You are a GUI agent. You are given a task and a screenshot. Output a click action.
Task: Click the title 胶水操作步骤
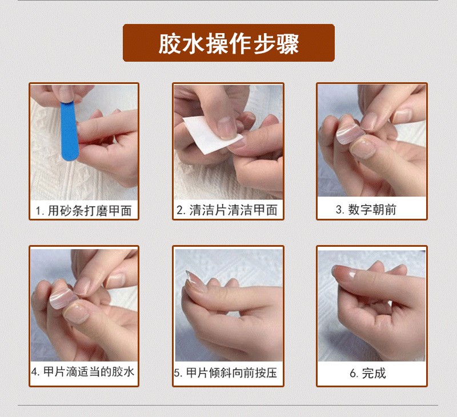tap(229, 44)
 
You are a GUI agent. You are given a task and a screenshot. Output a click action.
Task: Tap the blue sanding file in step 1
tap(69, 131)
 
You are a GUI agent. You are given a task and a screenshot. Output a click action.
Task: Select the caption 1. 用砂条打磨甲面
tap(83, 211)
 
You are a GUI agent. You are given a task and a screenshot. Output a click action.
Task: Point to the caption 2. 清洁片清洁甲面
tap(227, 210)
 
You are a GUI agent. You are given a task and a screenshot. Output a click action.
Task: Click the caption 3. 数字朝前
tap(366, 210)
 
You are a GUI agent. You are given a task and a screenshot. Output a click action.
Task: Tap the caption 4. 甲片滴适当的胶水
tap(83, 371)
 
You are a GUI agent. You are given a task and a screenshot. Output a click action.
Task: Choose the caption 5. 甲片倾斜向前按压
tap(226, 372)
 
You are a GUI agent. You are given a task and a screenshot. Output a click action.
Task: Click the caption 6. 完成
tap(368, 373)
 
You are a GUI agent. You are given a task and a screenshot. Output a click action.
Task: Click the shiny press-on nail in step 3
tap(350, 134)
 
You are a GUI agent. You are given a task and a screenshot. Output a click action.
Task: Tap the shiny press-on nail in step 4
tap(63, 298)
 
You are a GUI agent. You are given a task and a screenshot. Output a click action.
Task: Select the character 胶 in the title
tap(168, 44)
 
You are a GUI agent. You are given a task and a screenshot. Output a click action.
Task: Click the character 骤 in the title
tap(288, 44)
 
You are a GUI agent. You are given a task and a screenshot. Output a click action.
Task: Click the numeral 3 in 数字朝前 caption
tap(339, 210)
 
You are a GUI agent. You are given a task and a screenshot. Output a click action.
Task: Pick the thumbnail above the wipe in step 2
tap(226, 127)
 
